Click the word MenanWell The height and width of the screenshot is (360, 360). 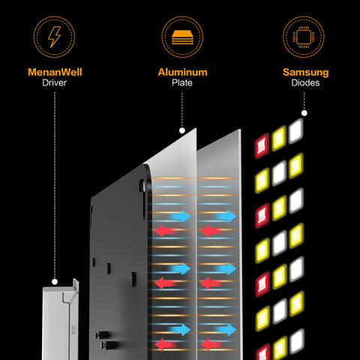coord(55,73)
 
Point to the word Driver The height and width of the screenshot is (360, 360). coord(55,84)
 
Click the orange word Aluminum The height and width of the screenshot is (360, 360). coord(181,73)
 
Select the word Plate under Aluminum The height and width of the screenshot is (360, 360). coord(181,84)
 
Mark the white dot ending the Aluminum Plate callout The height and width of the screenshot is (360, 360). coord(181,130)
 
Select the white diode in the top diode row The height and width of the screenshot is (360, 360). coord(296,130)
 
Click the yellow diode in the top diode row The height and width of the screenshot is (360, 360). coord(279,138)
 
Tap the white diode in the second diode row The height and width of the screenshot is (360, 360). coord(279,172)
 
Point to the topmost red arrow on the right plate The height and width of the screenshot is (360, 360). coord(212,231)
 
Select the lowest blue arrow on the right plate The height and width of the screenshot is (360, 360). coord(224,328)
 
